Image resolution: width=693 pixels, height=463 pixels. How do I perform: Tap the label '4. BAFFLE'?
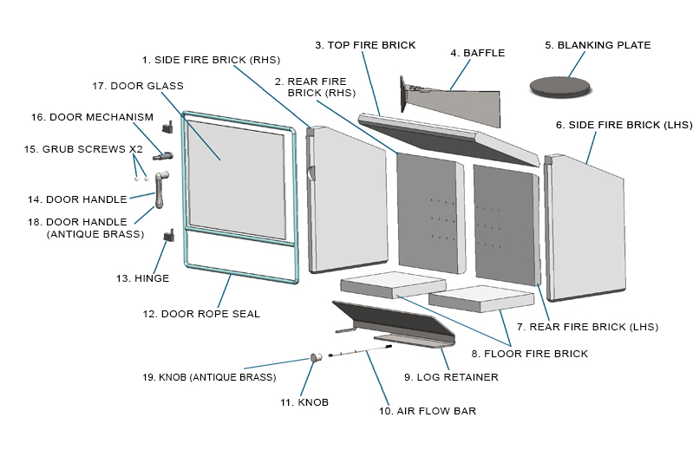(x=477, y=53)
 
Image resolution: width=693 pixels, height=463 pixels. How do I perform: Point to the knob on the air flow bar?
(x=317, y=357)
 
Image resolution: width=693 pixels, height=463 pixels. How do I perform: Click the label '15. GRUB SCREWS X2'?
(x=82, y=149)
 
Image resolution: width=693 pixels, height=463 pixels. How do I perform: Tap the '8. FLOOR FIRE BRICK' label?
(x=529, y=354)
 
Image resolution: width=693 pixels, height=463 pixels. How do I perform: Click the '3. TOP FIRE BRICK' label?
(x=365, y=44)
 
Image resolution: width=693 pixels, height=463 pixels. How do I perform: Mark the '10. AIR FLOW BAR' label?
(x=428, y=411)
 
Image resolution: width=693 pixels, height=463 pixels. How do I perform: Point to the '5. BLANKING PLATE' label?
(x=598, y=44)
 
